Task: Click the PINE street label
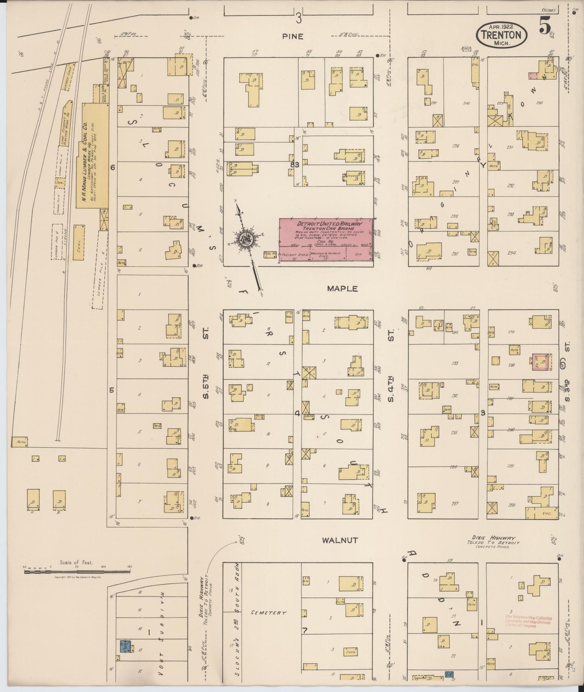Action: pos(293,36)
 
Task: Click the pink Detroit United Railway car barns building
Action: pos(327,240)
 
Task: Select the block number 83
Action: pos(294,165)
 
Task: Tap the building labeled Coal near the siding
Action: pos(79,243)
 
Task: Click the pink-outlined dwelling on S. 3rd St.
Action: pos(541,361)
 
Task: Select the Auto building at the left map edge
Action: pos(21,442)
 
